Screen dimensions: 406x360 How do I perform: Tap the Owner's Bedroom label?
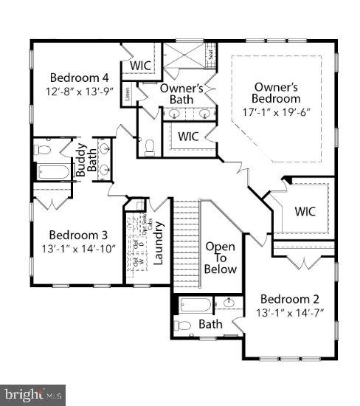276,92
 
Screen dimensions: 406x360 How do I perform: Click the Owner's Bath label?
181,94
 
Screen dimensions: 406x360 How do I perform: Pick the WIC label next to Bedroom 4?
141,66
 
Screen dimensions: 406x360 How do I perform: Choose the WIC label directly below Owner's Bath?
188,137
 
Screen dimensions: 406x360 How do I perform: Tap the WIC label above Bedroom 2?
305,211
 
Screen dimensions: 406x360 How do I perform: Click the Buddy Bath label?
86,157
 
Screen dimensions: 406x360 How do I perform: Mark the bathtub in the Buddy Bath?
52,172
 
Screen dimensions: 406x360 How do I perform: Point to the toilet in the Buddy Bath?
44,150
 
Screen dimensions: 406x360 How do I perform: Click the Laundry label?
158,250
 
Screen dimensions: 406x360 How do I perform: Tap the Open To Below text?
221,258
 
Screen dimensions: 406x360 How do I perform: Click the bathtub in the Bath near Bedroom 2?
195,303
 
